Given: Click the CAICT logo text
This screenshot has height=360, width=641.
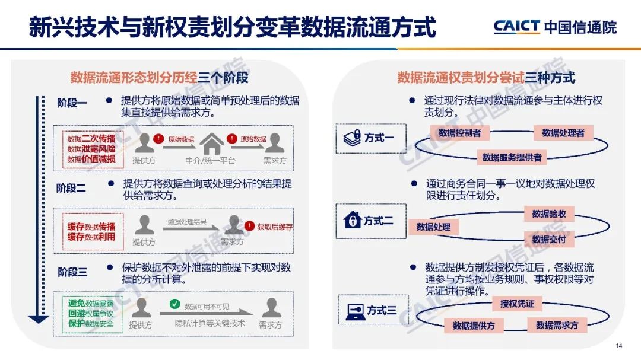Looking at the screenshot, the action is tap(516, 26).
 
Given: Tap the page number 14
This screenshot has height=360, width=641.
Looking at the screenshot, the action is tap(618, 346).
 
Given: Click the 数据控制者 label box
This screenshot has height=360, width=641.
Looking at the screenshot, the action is tap(459, 133).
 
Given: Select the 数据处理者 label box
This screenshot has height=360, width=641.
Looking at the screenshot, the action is tap(563, 133).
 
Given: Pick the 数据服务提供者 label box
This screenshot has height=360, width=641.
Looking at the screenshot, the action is tap(512, 157).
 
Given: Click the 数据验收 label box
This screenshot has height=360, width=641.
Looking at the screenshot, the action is tap(549, 214).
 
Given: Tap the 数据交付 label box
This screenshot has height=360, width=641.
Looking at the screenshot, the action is tap(549, 240).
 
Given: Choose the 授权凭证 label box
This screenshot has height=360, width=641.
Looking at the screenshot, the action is tap(517, 304).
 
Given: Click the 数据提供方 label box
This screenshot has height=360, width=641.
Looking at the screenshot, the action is tap(474, 326).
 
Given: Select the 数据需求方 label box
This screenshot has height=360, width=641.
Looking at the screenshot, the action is tap(557, 326).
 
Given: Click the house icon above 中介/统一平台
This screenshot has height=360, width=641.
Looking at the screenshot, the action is tap(212, 144).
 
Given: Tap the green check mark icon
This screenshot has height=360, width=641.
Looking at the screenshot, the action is tap(174, 304).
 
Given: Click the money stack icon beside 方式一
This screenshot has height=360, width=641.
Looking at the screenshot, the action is tap(353, 138).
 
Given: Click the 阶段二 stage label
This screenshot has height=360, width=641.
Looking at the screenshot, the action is tap(71, 188).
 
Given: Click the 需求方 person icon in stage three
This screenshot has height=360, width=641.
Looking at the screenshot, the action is tap(271, 308).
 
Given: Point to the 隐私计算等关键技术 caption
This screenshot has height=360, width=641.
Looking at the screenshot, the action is tap(210, 324).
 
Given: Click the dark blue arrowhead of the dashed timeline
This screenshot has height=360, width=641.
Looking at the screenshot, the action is tap(39, 320).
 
